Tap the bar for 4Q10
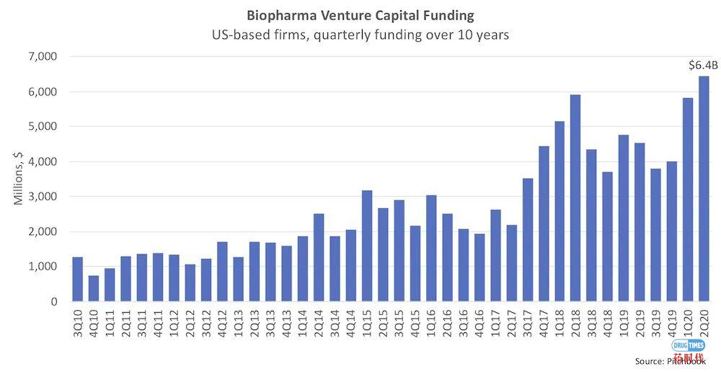coord(94,288)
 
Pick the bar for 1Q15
coord(366,246)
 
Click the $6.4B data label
coord(703,66)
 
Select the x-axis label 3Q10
coord(78,322)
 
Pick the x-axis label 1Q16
coord(431,322)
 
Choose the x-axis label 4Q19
coord(672,322)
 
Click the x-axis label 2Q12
coord(190,322)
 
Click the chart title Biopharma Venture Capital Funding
coord(360,14)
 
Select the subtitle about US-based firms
coord(360,35)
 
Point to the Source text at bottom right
coord(670,360)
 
